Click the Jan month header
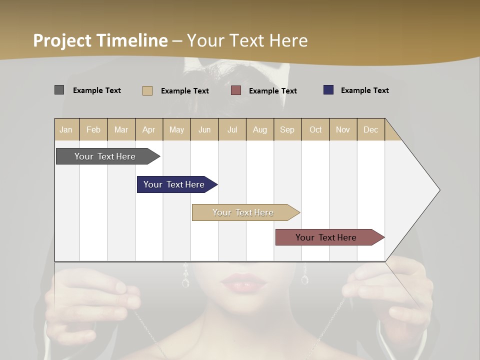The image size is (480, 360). [x=66, y=129]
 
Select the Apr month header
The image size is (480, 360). [x=149, y=129]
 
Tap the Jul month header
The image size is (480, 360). [x=232, y=129]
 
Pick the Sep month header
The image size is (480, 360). [x=287, y=129]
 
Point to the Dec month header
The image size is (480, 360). [x=371, y=129]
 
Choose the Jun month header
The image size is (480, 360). [x=204, y=129]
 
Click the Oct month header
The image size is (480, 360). [x=315, y=129]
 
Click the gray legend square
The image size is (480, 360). [x=59, y=90]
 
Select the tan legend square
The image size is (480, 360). [x=147, y=90]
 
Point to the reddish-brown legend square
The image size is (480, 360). [x=236, y=90]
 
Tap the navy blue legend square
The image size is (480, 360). [x=328, y=90]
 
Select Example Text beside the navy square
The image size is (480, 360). [x=364, y=90]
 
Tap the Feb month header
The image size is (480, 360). [x=93, y=129]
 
